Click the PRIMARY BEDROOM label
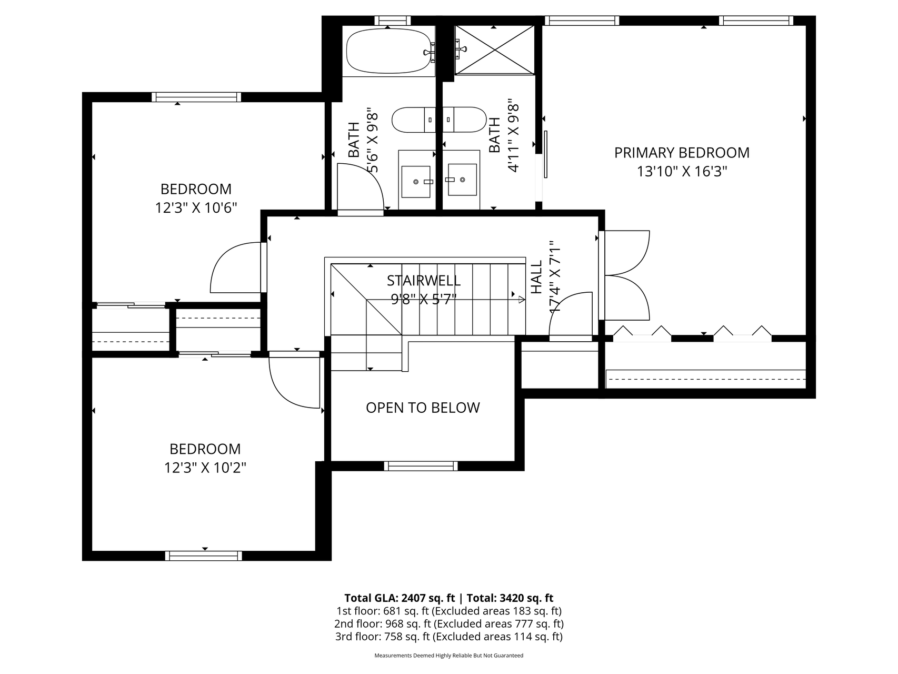coord(682,153)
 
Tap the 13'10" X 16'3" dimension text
coord(682,172)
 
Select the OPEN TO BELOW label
coord(423,408)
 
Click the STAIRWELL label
coord(424,280)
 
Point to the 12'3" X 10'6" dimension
coord(196,207)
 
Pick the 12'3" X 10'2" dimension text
coord(205,468)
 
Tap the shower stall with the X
coord(495,50)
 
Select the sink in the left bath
coord(416,181)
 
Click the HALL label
coord(536,277)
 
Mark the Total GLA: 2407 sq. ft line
coord(400,598)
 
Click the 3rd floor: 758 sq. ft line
coord(449,637)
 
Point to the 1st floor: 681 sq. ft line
coord(449,611)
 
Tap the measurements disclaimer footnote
coord(449,656)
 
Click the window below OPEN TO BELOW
coord(421,465)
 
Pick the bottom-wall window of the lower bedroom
coord(204,556)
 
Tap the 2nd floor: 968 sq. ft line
coord(449,624)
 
